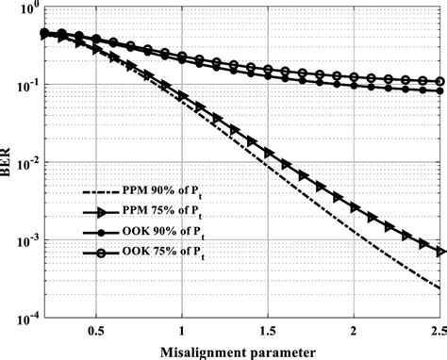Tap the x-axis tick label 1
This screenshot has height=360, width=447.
tap(182, 332)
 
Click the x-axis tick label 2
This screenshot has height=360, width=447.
tap(355, 332)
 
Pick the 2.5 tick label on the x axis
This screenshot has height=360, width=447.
tap(436, 332)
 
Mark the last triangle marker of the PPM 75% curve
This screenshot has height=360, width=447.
tap(439, 252)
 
